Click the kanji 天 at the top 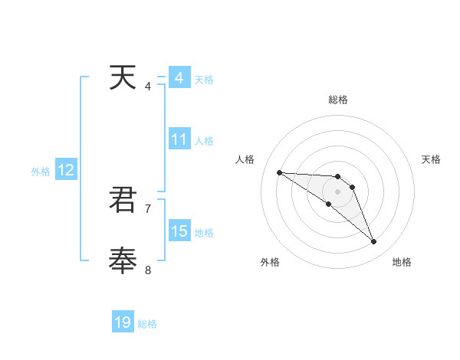coord(123,78)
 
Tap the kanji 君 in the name coord(123,200)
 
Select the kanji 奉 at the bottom coord(123,260)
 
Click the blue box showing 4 coord(179,78)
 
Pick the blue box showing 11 coord(179,140)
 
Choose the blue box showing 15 coord(179,231)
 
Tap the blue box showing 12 coord(66,171)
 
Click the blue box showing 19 coord(123,322)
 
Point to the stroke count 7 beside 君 coord(148,208)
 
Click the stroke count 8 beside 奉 coord(148,269)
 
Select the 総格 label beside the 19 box coord(147,324)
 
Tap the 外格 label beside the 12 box coord(41,172)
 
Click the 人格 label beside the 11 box coord(204,141)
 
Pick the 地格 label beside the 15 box coord(204,232)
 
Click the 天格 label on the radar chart coord(431,159)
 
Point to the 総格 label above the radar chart coord(337,100)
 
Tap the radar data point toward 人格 coord(279,172)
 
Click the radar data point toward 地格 coord(374,242)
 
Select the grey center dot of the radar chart coord(337,191)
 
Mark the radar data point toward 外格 coord(328,204)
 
